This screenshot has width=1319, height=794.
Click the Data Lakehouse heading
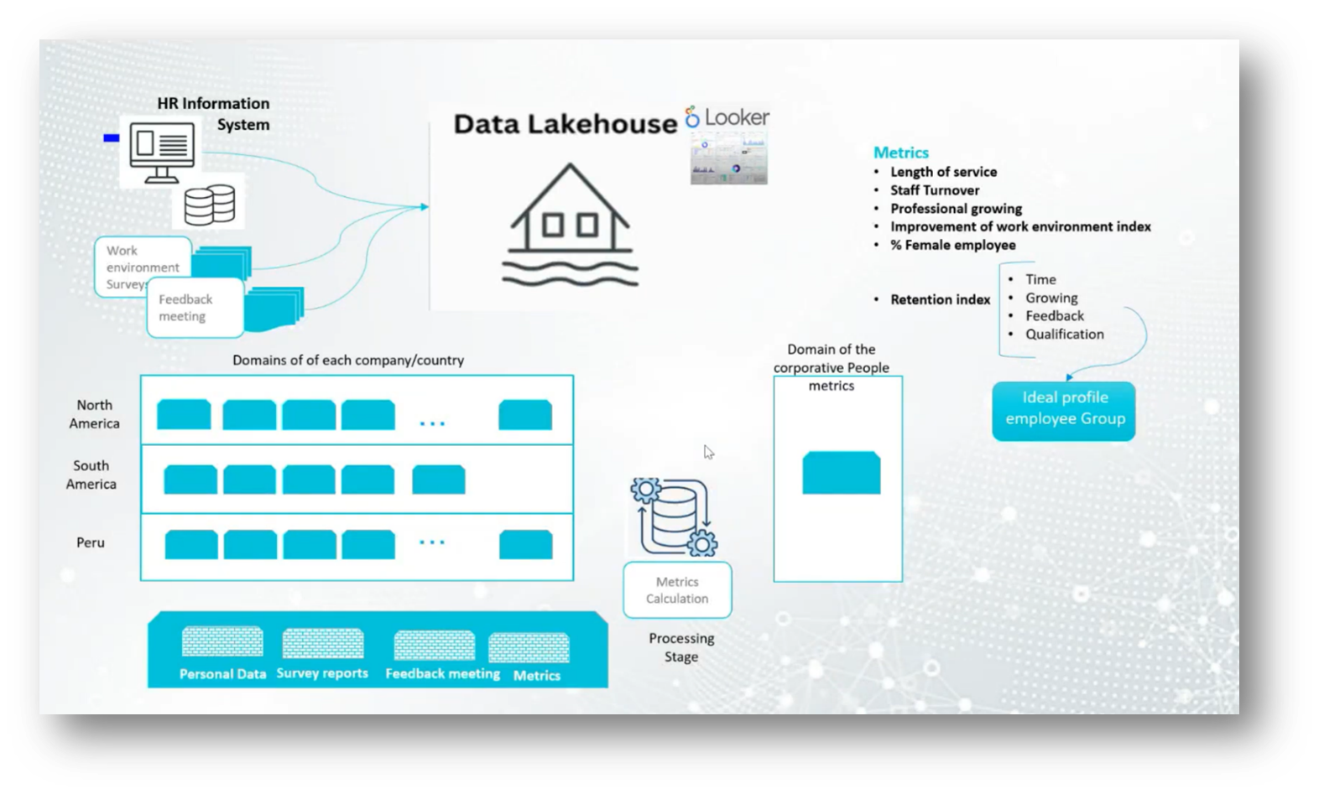(565, 124)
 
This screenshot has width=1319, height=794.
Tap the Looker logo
(727, 117)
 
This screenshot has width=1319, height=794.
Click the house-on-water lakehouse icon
(570, 225)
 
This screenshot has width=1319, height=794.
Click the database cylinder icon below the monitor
(209, 204)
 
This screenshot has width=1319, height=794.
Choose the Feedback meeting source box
(194, 308)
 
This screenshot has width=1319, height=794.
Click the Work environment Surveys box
(141, 266)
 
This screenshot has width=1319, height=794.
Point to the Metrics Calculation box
(677, 590)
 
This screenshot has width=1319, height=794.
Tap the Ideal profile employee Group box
(1064, 409)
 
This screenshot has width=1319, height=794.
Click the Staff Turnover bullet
(935, 190)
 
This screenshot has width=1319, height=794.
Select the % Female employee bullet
(952, 245)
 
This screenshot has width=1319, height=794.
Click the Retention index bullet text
(940, 299)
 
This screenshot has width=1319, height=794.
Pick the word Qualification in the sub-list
(1064, 334)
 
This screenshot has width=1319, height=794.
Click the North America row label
(94, 414)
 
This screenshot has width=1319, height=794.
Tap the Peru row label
(91, 542)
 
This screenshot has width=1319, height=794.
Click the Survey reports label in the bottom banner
(322, 673)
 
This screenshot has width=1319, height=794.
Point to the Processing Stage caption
(681, 647)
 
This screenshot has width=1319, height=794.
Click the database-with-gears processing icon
(673, 516)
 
